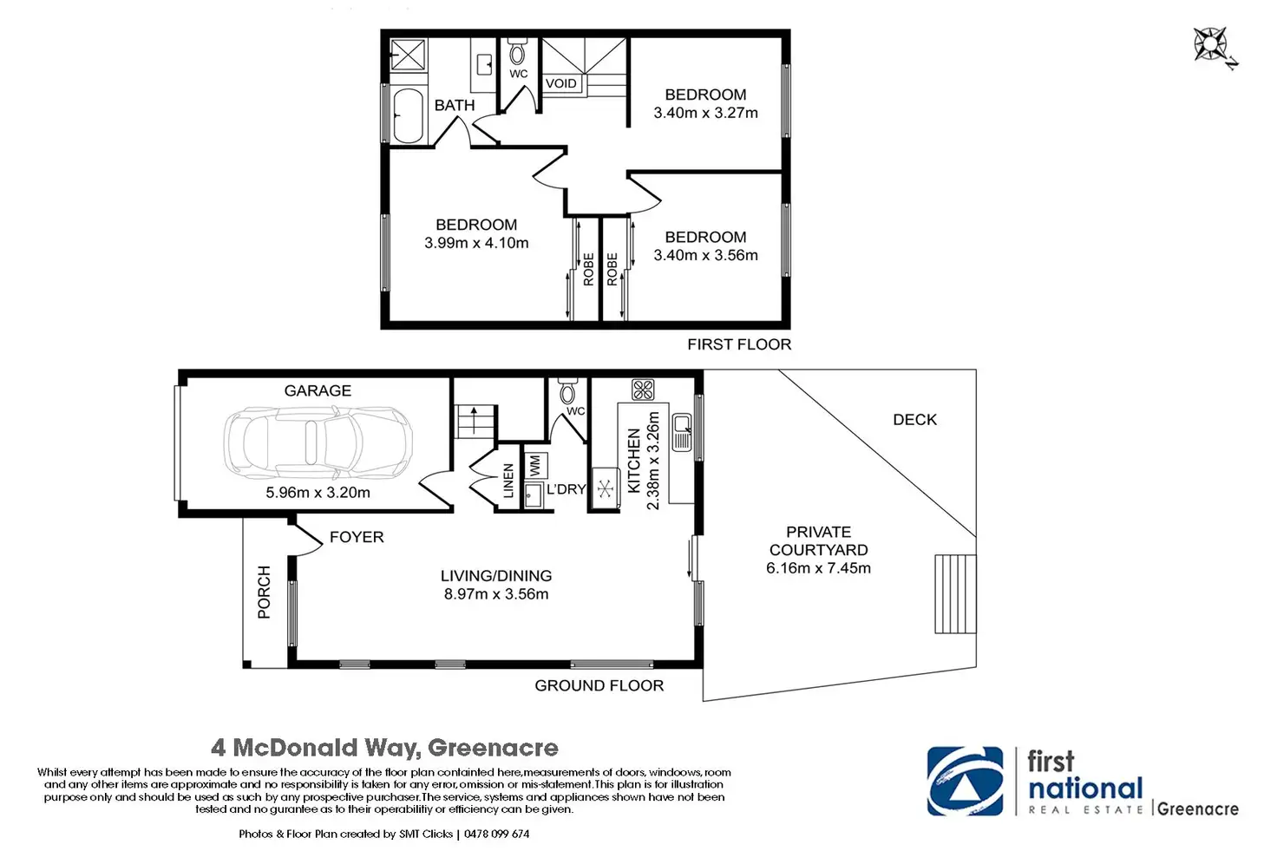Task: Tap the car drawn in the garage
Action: point(318,442)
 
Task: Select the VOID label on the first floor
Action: point(561,83)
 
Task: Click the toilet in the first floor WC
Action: point(517,52)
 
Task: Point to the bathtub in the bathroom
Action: point(408,115)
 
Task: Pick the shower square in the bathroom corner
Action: point(409,55)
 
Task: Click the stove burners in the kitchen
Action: point(643,389)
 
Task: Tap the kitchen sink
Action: point(682,431)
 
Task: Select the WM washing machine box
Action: point(534,466)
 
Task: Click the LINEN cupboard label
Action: point(508,481)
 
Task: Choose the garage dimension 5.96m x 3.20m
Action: point(318,492)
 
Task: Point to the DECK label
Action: point(914,420)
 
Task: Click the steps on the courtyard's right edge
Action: point(955,594)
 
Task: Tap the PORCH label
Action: point(264,592)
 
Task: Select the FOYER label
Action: point(357,537)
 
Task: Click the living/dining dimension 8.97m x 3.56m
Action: point(496,594)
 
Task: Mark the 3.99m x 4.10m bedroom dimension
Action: point(476,243)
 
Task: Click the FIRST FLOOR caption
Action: point(739,344)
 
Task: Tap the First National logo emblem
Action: point(966,781)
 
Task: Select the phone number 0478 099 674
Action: point(496,834)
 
